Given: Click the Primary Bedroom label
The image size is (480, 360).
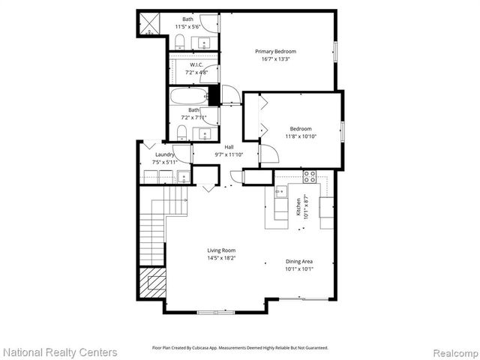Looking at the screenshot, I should pyautogui.click(x=277, y=51).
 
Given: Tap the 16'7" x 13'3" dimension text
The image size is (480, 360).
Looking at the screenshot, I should pyautogui.click(x=277, y=59).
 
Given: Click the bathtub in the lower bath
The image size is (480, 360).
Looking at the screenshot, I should pyautogui.click(x=187, y=96).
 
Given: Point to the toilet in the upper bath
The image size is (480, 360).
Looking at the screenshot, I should pyautogui.click(x=180, y=42).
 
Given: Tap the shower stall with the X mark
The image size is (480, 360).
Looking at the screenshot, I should pyautogui.click(x=148, y=24).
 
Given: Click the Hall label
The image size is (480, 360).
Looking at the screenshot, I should pyautogui.click(x=229, y=147).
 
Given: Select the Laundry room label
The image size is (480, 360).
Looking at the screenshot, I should pyautogui.click(x=165, y=154).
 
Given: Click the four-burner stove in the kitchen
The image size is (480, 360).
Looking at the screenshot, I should pyautogui.click(x=309, y=176).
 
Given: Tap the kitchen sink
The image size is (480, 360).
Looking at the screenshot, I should pyautogui.click(x=280, y=191).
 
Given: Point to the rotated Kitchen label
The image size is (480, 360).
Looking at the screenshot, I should pyautogui.click(x=298, y=207).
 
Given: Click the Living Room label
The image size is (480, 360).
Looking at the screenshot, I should pyautogui.click(x=222, y=250).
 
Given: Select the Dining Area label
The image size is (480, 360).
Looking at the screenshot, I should pyautogui.click(x=299, y=261).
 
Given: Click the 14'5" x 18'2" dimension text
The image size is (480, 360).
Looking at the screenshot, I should pyautogui.click(x=222, y=259).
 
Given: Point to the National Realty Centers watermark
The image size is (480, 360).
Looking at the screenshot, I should pyautogui.click(x=60, y=352).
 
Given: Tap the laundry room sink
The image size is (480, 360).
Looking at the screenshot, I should pyautogui.click(x=183, y=178).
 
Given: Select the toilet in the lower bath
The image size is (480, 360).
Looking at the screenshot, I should pyautogui.click(x=181, y=133).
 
